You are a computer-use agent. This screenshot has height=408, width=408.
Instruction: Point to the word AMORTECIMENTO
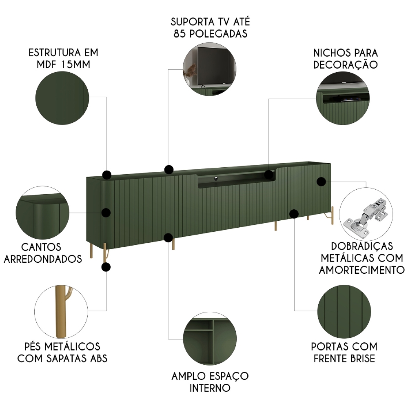click(362, 270)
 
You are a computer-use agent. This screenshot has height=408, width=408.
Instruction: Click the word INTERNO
click(210, 387)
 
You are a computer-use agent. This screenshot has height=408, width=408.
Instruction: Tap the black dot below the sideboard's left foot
click(106, 267)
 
